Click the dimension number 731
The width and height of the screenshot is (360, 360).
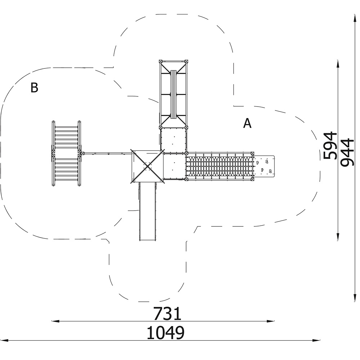coord(167,314)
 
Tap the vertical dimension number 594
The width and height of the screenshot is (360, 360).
coord(329,145)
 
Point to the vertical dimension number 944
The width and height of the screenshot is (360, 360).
coord(347,152)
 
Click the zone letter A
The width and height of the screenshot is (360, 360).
coord(247,123)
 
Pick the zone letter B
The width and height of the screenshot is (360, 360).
coord(34,87)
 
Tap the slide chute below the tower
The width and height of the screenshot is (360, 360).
coord(148,211)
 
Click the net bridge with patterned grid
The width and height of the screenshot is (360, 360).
coord(220,166)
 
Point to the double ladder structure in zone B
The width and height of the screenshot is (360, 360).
coord(66,153)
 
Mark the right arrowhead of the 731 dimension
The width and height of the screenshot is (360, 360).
coord(271,321)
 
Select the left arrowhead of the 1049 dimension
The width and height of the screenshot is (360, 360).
coord(4,340)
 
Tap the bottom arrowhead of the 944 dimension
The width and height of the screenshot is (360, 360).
coord(354,298)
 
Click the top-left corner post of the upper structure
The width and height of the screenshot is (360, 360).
coord(161,62)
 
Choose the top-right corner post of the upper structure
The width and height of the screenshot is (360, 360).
coord(186,62)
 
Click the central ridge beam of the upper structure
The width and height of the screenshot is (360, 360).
coord(174,94)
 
